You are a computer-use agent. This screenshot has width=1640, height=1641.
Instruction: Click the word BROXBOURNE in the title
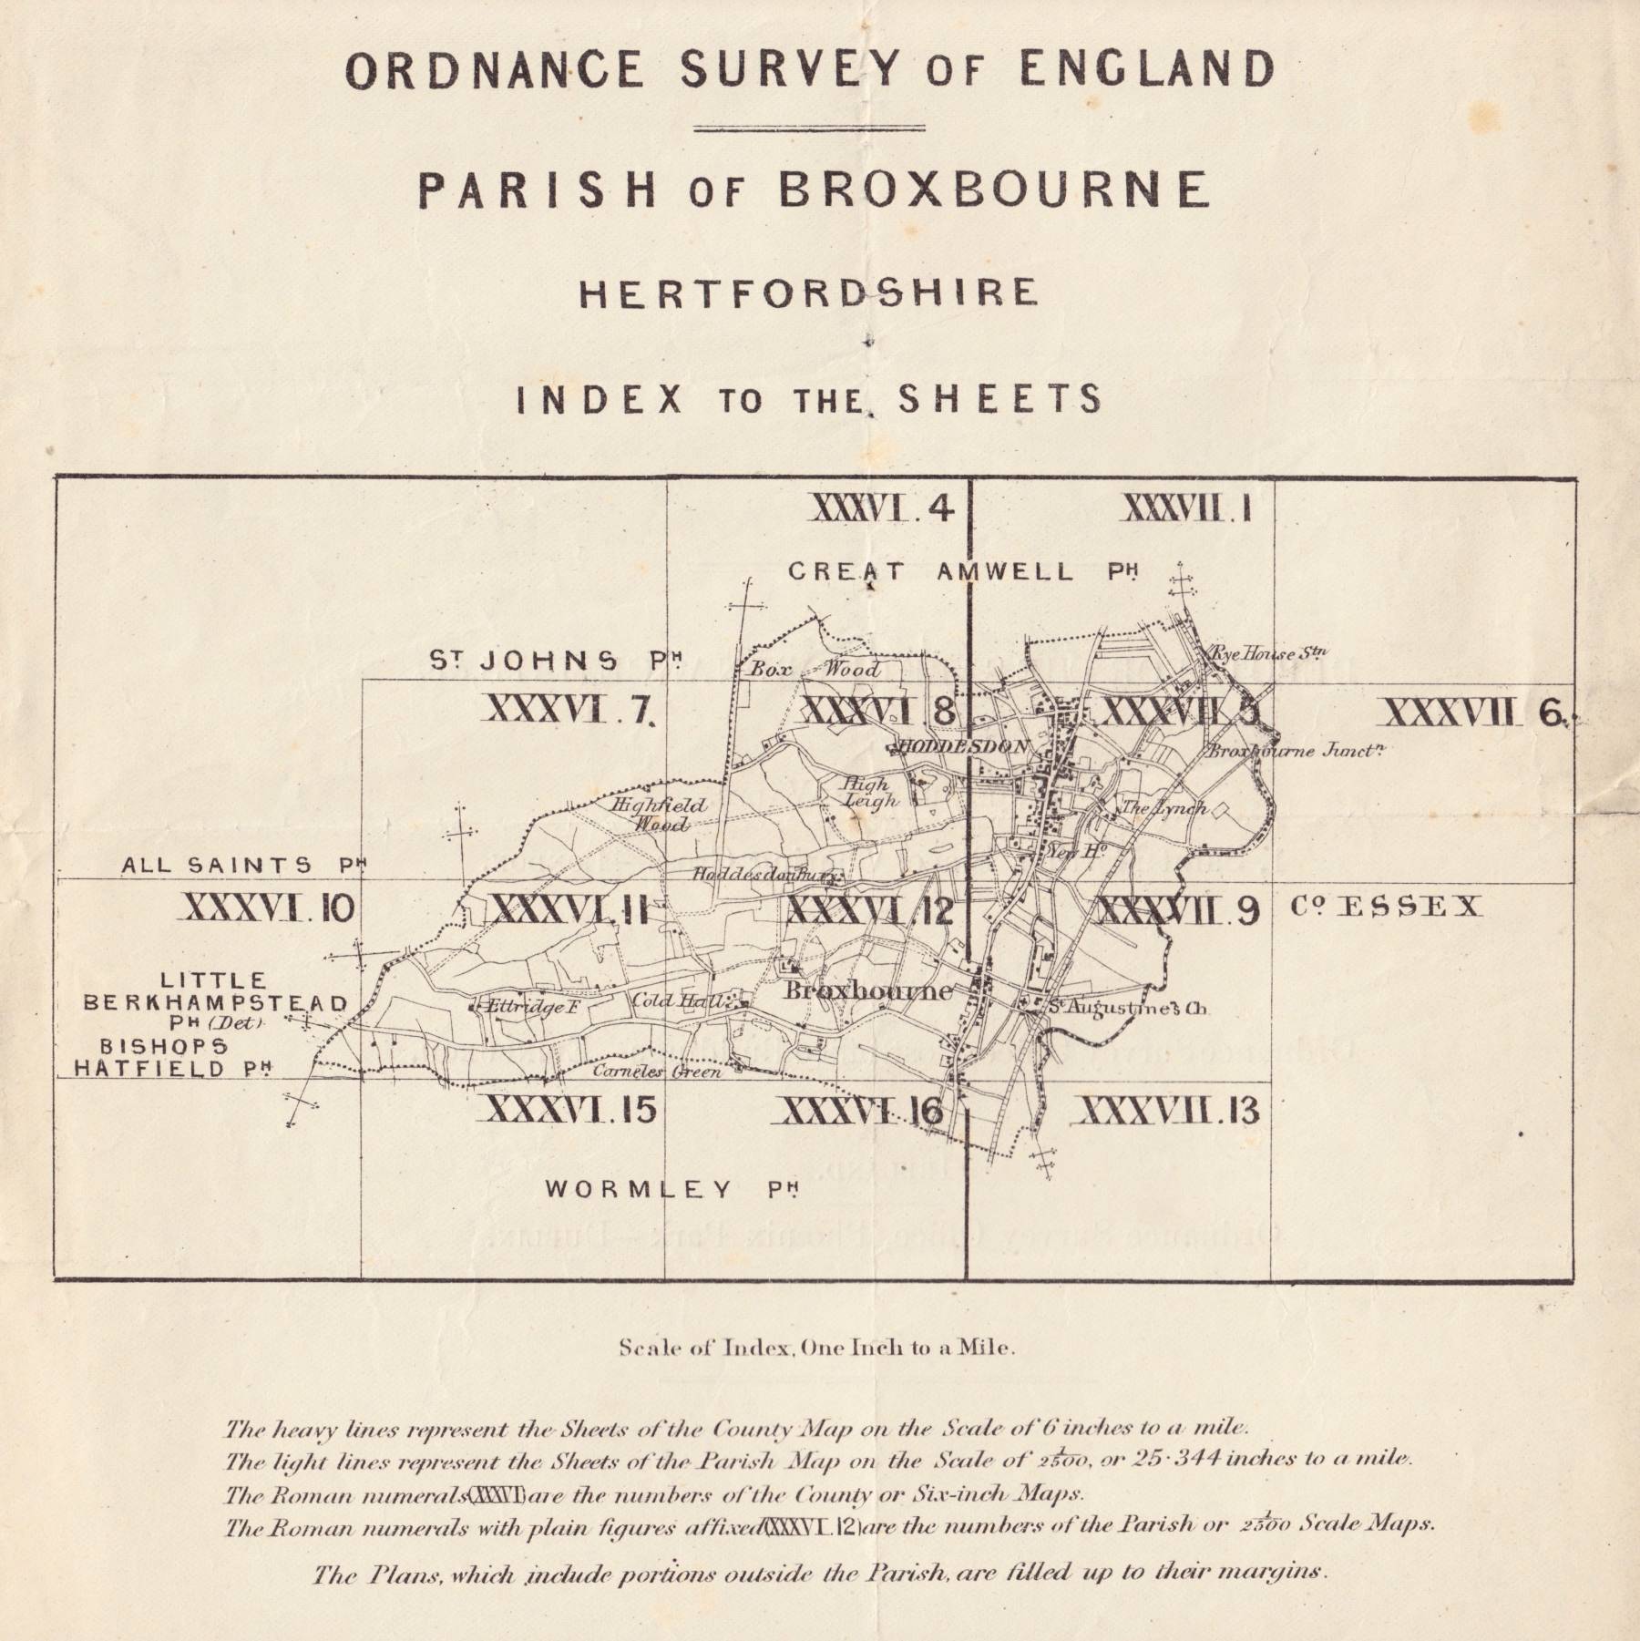pos(994,189)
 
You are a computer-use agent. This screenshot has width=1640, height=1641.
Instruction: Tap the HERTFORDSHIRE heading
pos(808,292)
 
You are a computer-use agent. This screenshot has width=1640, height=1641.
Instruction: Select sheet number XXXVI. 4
pos(882,508)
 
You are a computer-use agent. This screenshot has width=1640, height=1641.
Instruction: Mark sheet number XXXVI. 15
pos(571,1110)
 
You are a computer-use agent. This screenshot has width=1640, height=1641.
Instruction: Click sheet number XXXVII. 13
pos(1169,1111)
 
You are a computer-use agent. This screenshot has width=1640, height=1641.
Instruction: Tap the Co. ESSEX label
pos(1386,906)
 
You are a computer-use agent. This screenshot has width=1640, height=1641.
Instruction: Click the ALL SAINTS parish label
pos(243,866)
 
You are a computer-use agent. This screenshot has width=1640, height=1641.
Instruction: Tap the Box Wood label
pos(815,670)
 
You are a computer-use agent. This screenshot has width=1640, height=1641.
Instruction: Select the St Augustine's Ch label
pos(1125,1009)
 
